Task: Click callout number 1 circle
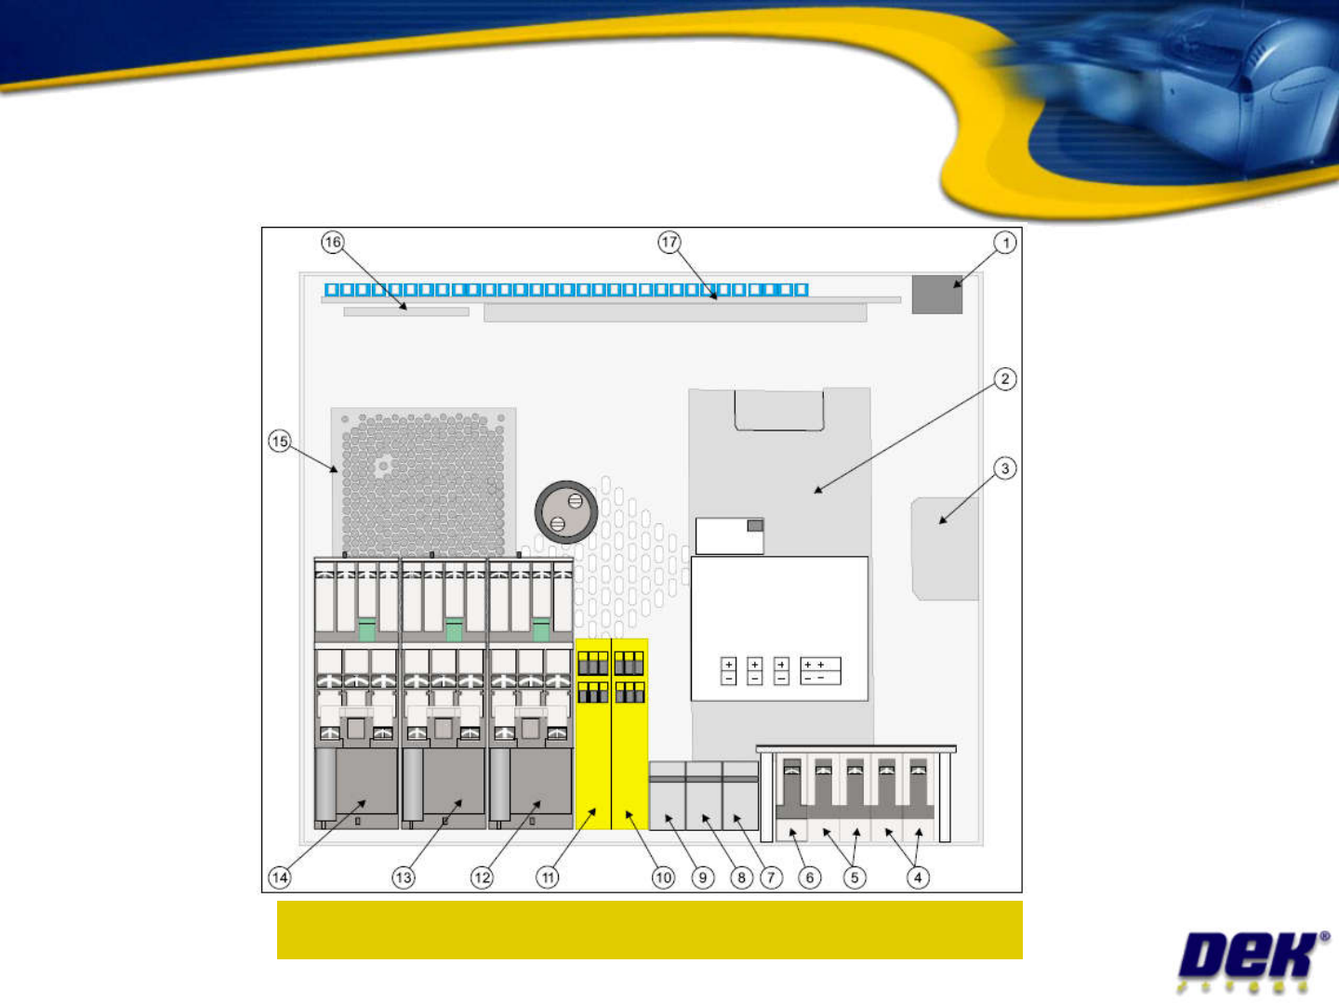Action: pyautogui.click(x=1004, y=243)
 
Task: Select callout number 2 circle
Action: pyautogui.click(x=1004, y=378)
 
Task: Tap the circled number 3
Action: pyautogui.click(x=1004, y=469)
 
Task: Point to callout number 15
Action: pyautogui.click(x=280, y=441)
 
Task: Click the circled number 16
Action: pyautogui.click(x=333, y=243)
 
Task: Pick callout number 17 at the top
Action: pyautogui.click(x=669, y=243)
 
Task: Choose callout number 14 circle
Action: pyautogui.click(x=280, y=877)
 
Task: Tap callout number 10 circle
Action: pyautogui.click(x=663, y=877)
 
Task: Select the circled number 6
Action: pyautogui.click(x=810, y=877)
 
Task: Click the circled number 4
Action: pyautogui.click(x=918, y=877)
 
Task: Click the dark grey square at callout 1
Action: pyautogui.click(x=936, y=295)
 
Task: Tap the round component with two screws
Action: pyautogui.click(x=565, y=512)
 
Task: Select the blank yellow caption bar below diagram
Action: pyautogui.click(x=649, y=930)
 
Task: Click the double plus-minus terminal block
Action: pyautogui.click(x=820, y=671)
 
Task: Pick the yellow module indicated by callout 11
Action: pyautogui.click(x=593, y=734)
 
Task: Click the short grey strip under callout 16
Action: pyautogui.click(x=406, y=312)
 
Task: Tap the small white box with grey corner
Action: pyautogui.click(x=730, y=536)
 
